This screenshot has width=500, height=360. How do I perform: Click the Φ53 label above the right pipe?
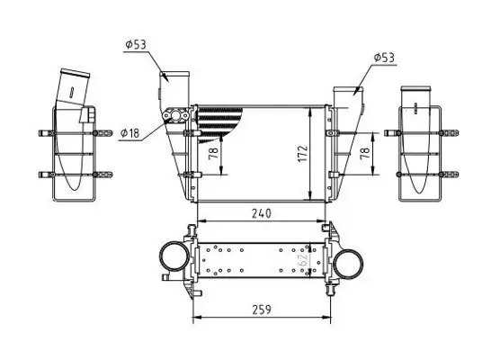(384, 58)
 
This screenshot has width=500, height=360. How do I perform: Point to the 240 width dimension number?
(261, 213)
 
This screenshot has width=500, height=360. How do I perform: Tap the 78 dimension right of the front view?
(365, 152)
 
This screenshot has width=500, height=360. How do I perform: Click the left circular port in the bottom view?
(172, 261)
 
